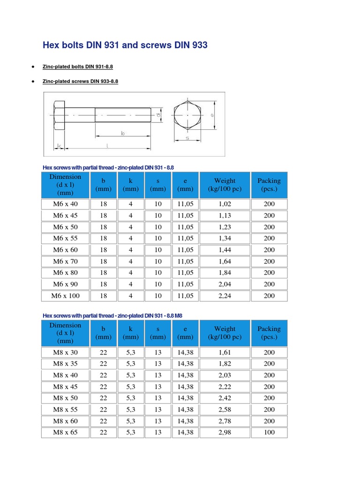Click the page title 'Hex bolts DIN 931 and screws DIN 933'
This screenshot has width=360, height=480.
[125, 45]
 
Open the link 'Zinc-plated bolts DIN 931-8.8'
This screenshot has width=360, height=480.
[77, 67]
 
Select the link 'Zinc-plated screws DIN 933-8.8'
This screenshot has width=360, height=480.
[80, 81]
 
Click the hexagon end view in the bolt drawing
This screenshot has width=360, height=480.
[187, 115]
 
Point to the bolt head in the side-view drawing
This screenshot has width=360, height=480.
[60, 115]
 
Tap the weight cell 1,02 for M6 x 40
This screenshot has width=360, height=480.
[225, 204]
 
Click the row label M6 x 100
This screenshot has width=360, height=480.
[65, 296]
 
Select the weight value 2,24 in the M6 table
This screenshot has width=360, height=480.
[225, 296]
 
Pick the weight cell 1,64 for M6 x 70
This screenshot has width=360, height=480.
[225, 262]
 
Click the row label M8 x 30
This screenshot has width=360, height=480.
[65, 352]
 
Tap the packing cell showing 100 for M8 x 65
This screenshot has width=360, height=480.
[269, 432]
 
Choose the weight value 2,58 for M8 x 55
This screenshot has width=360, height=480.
[225, 410]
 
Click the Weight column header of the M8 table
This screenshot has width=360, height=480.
[225, 333]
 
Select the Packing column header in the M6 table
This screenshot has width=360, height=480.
[269, 185]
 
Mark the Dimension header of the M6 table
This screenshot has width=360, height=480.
[65, 185]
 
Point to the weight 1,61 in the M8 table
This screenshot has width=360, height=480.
[225, 352]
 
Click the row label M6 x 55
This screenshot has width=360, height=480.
[65, 239]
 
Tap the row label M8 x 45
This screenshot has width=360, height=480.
[65, 387]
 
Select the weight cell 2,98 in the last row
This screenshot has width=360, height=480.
[225, 432]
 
